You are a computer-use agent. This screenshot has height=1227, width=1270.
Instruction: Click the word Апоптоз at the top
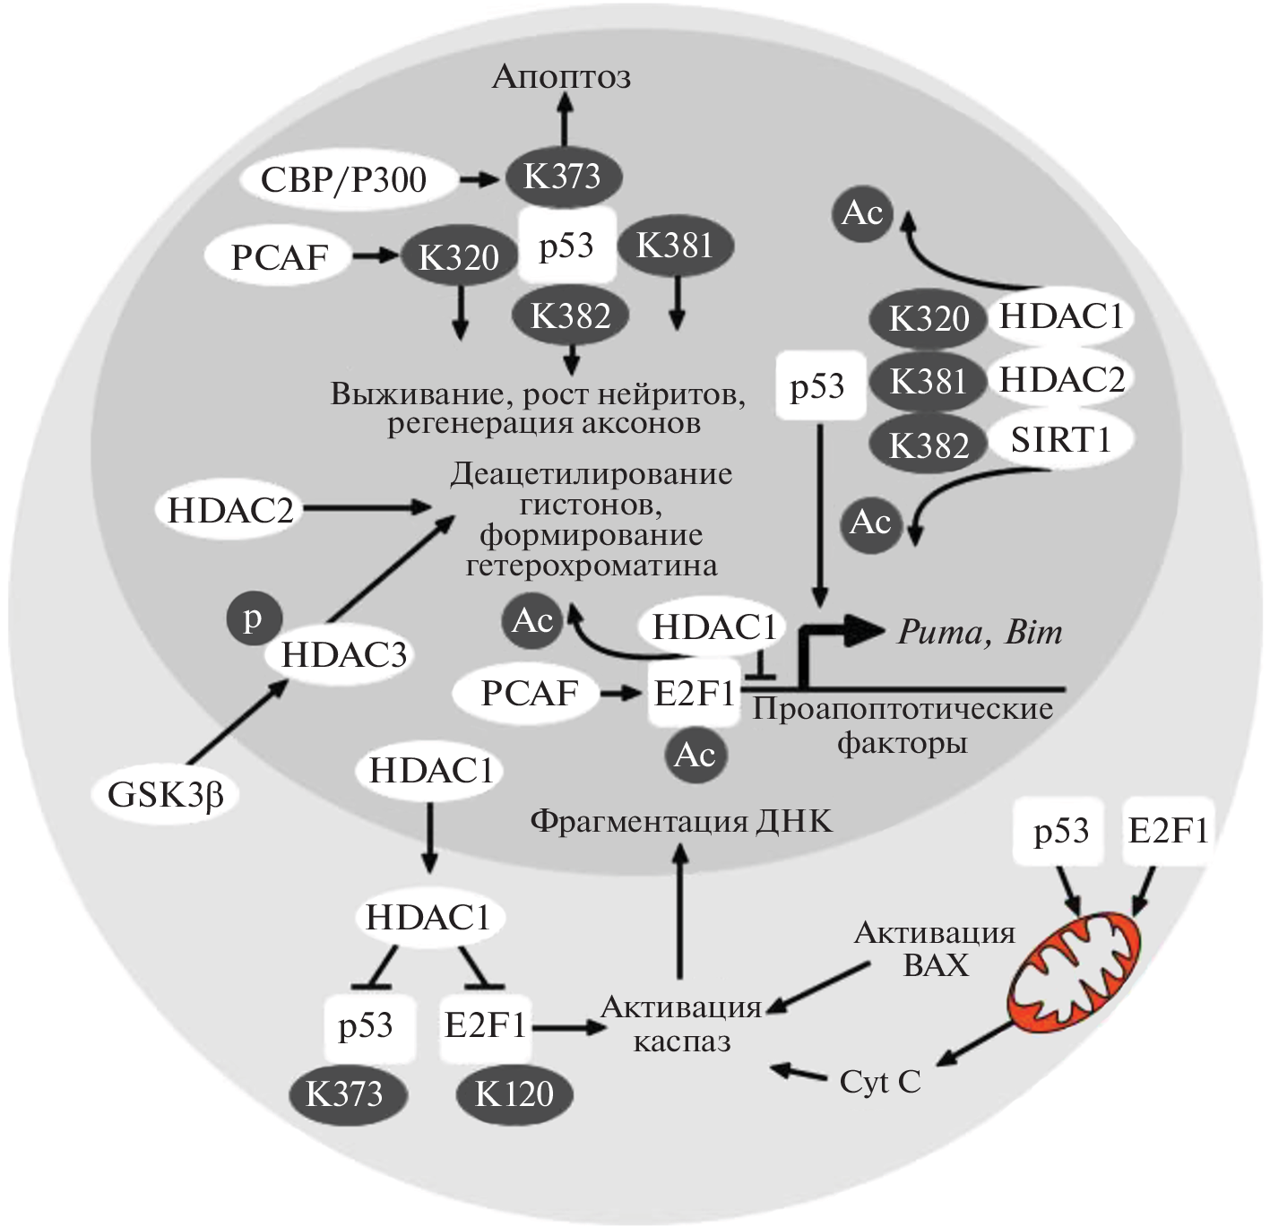[562, 77]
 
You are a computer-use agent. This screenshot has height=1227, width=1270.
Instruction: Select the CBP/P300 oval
[344, 180]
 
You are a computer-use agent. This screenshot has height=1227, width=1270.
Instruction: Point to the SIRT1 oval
[1060, 439]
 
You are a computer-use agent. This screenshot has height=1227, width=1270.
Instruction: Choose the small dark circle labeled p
[254, 619]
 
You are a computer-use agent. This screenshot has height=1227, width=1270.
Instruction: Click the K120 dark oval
[514, 1094]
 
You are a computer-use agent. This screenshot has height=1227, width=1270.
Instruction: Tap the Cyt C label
[880, 1083]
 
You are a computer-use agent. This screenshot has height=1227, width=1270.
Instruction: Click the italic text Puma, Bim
[980, 633]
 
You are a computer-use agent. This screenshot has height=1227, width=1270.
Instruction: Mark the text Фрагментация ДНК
[681, 821]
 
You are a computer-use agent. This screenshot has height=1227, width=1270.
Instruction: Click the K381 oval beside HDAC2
[929, 382]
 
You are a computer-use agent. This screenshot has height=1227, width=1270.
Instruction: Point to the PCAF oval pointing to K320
[280, 257]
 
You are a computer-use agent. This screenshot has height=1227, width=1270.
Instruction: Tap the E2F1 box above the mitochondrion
[1168, 832]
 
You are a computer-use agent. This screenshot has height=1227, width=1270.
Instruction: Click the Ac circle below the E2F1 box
[695, 756]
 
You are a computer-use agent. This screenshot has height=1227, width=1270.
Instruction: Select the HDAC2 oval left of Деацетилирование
[231, 510]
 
